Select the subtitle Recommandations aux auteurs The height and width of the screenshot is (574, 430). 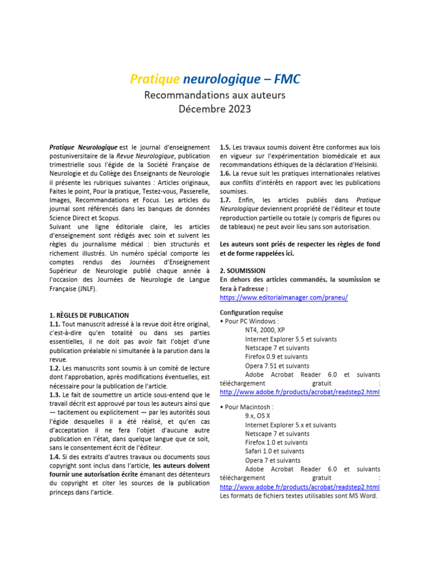[x=215, y=95]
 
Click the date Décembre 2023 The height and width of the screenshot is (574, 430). [x=215, y=109]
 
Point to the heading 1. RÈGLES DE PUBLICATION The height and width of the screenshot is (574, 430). [x=89, y=316]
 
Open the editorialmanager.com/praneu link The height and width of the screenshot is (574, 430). [x=284, y=298]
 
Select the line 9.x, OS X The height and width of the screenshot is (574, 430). [x=258, y=416]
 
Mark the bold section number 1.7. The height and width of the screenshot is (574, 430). [x=226, y=200]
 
